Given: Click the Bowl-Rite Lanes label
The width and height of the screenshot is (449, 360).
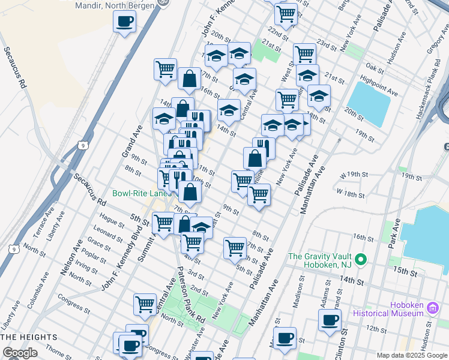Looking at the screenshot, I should (x=142, y=194).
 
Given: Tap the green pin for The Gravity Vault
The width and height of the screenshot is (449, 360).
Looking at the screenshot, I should (x=360, y=260).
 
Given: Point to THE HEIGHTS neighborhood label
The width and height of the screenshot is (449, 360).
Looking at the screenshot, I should (x=29, y=337).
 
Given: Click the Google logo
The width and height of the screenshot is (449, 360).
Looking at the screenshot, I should (x=20, y=353).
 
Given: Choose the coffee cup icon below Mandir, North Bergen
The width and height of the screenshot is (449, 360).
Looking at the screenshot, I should (x=125, y=22).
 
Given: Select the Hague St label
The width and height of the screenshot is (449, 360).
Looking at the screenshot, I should (x=112, y=223).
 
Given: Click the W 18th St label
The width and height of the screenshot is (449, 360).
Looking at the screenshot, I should (x=351, y=194).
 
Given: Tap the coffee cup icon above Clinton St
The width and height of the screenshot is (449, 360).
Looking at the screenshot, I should (x=330, y=319).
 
